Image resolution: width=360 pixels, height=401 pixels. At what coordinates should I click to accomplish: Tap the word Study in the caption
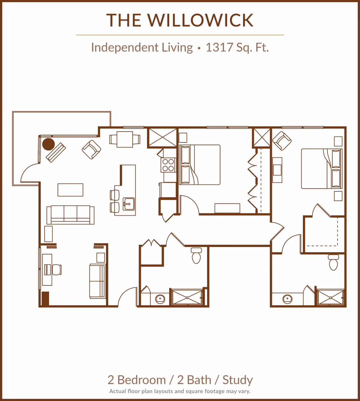pos(238,380)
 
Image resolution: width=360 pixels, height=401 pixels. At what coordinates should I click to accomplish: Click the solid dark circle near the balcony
pos(48,144)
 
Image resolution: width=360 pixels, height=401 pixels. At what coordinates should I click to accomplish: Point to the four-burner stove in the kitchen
pos(168,165)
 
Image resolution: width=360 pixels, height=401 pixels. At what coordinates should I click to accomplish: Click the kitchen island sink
pos(129,204)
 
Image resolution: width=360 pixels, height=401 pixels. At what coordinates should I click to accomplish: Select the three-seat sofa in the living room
pos(70,215)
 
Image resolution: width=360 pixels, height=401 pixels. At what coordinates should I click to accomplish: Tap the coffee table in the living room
pos(70,190)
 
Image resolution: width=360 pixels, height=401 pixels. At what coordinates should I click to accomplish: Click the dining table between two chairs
pos(124,139)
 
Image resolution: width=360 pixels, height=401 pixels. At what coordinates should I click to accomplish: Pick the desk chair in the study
pos(57,269)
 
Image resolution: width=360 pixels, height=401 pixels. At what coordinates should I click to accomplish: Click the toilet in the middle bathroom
pos(196,256)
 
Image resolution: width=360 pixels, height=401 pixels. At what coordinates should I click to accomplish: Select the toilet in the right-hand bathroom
pos(334,263)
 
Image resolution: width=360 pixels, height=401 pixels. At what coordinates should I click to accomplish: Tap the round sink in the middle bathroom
pos(160,299)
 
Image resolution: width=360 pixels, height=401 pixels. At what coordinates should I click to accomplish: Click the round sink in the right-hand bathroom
pos(287,299)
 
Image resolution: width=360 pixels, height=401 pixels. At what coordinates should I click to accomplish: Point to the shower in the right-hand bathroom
pos(331,298)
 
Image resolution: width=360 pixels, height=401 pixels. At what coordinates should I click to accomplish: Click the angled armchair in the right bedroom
pos(282,141)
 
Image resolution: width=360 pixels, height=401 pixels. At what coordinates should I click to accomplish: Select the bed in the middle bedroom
pos(200,165)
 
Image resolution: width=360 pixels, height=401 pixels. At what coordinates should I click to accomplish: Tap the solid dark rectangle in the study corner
pos(45,299)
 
